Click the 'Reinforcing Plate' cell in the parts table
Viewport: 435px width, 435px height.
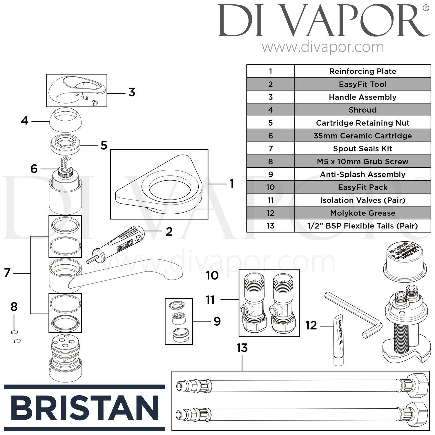point(362,71)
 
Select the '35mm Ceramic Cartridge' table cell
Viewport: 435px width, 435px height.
point(362,136)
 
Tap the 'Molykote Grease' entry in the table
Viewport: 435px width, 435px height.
point(362,213)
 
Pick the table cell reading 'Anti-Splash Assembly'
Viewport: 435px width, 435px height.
point(362,174)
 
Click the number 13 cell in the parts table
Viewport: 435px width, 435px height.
point(270,226)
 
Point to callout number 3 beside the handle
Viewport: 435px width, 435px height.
point(132,93)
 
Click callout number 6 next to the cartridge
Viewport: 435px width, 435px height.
point(34,168)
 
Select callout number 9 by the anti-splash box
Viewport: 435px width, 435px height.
point(217,321)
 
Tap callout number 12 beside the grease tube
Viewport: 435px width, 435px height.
point(311,326)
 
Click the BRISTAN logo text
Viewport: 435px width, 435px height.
point(85,408)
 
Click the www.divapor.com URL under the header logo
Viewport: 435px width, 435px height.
point(323,47)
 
